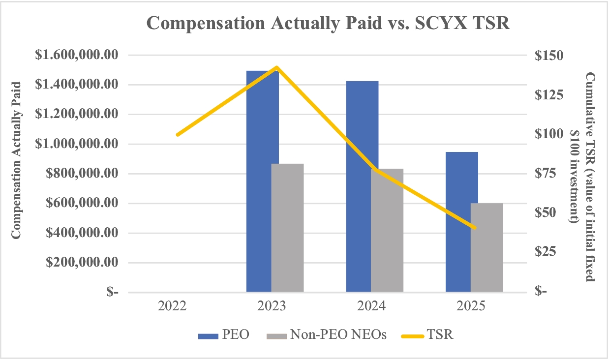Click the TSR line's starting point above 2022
[177, 134]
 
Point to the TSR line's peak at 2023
[276, 67]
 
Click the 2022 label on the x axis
[172, 306]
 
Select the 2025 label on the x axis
[471, 306]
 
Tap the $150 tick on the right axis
[548, 55]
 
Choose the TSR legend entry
[426, 335]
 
